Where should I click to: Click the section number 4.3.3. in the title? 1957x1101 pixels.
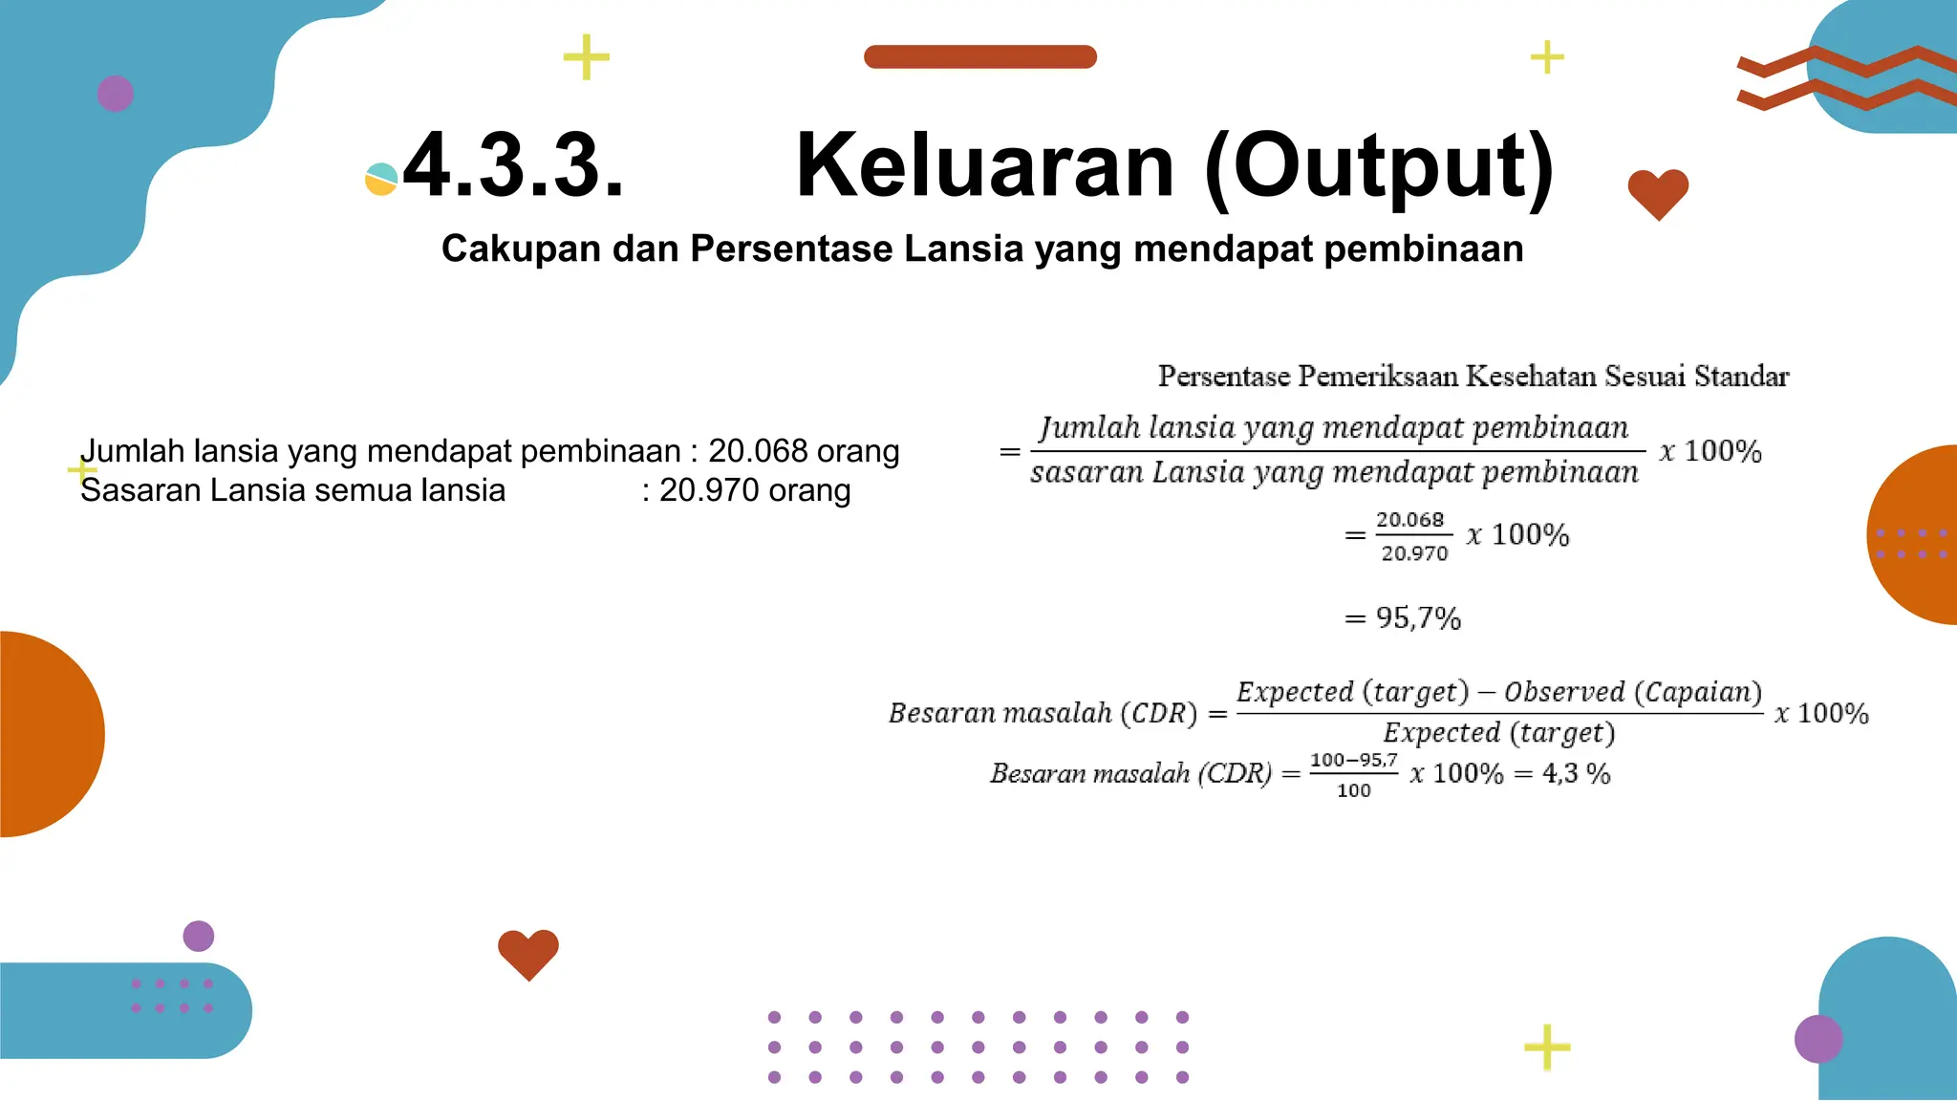pyautogui.click(x=513, y=166)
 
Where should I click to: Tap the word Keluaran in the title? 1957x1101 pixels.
pyautogui.click(x=984, y=166)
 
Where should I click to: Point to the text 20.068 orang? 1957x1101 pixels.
pyautogui.click(x=804, y=451)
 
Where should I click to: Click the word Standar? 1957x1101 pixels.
pyautogui.click(x=1741, y=377)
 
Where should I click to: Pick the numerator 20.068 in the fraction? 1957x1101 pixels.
pyautogui.click(x=1409, y=520)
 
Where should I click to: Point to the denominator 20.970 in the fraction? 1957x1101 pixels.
pyautogui.click(x=1414, y=553)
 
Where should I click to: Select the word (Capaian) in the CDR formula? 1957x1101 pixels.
pyautogui.click(x=1698, y=692)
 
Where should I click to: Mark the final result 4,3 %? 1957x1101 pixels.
pyautogui.click(x=1576, y=773)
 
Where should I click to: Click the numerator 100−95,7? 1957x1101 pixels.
pyautogui.click(x=1353, y=761)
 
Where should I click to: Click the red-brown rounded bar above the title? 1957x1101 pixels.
pyautogui.click(x=979, y=56)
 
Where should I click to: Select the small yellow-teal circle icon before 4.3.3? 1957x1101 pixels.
pyautogui.click(x=380, y=180)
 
